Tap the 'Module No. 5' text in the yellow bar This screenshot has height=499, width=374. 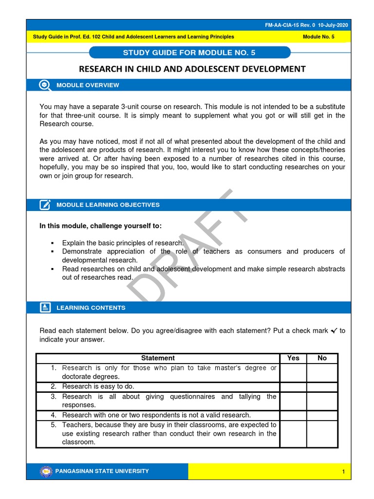pos(318,37)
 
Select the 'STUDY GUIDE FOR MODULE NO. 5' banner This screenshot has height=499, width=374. pos(190,53)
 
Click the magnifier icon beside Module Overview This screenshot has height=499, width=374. pos(45,85)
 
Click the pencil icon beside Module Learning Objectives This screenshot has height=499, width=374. pos(45,205)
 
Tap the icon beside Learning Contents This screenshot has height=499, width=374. pos(45,307)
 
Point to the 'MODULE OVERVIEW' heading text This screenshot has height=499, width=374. pos(88,85)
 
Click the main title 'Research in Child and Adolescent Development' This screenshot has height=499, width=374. pos(192,69)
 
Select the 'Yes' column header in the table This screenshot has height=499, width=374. pos(293,358)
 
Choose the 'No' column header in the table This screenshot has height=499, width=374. pos(322,358)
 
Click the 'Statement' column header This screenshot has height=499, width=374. pos(158,358)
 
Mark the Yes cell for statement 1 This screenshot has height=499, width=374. pos(293,372)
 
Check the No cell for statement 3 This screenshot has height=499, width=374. pos(322,401)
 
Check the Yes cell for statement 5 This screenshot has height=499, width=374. pos(293,434)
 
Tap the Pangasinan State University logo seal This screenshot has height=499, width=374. pos(46,471)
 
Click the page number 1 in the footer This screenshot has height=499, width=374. pos(343,472)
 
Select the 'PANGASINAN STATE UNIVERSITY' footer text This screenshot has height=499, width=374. pos(103,471)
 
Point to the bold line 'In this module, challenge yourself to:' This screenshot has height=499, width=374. pos(100,226)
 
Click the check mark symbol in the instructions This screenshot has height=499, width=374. pos(334,331)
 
